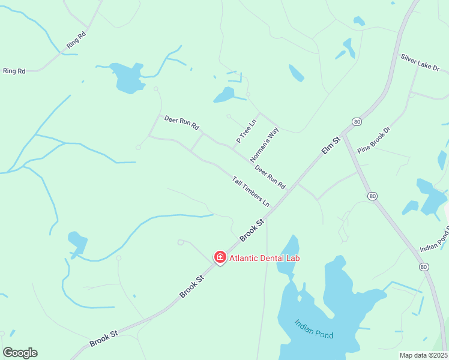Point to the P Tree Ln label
[246, 131]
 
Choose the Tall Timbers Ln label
[251, 191]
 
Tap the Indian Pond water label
[313, 329]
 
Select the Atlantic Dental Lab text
[264, 258]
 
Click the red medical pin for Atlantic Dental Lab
[220, 257]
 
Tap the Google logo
[20, 352]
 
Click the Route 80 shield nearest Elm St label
[356, 122]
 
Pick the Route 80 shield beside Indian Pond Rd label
[424, 266]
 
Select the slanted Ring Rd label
[77, 40]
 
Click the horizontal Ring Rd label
[14, 71]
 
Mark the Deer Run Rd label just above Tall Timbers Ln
[270, 176]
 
